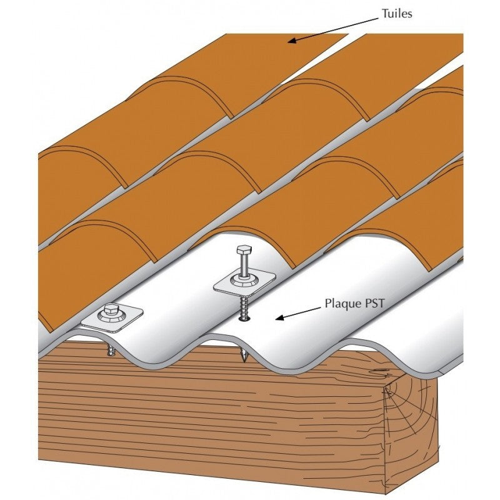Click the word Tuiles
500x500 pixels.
(x=397, y=13)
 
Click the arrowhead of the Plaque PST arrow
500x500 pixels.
(x=279, y=317)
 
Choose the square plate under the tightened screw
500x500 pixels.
(x=112, y=319)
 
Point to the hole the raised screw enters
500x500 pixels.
(x=244, y=318)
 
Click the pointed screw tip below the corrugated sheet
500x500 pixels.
(x=244, y=356)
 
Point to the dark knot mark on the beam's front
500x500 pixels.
(x=379, y=371)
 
